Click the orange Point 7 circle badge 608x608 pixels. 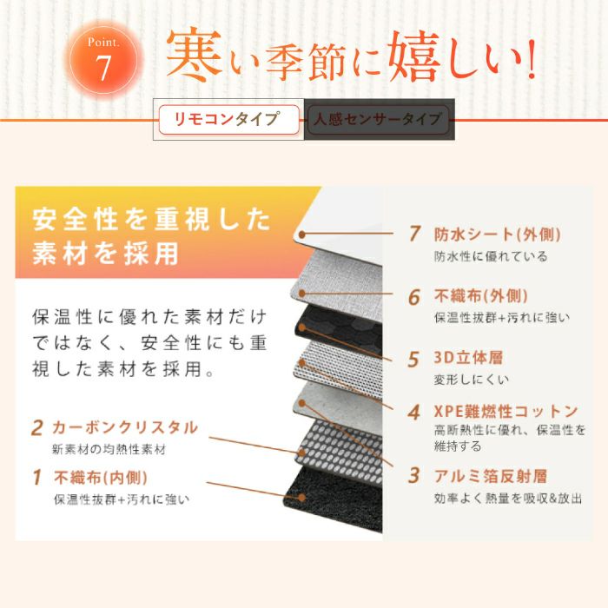103,61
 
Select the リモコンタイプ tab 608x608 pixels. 229,120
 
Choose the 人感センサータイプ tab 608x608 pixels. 379,120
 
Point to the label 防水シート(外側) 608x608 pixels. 498,235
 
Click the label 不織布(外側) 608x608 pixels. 481,297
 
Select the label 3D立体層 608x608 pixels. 468,358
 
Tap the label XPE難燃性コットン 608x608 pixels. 506,412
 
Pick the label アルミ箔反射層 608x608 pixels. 491,476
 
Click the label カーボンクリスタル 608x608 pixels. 125,427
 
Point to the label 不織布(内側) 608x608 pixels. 101,478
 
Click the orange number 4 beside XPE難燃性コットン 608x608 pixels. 414,412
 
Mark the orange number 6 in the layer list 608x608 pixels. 414,297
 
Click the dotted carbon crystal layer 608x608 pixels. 340,451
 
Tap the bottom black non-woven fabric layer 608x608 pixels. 334,499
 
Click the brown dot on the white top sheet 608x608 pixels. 301,235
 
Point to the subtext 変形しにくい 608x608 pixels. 471,380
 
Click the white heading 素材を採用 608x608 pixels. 105,254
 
